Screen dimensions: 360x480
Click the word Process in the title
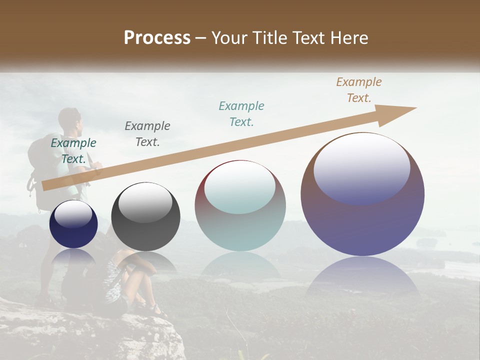[157, 38]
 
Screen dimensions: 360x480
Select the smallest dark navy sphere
[73, 224]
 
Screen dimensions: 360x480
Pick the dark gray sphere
[145, 217]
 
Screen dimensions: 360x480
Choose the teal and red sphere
[240, 205]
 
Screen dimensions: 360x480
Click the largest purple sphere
[362, 194]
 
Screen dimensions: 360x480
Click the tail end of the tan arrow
[45, 186]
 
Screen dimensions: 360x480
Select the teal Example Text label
[241, 113]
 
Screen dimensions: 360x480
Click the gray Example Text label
[147, 133]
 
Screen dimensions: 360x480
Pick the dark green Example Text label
[73, 150]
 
